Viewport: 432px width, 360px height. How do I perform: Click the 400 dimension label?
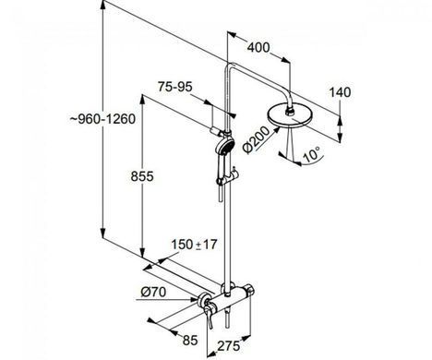pyautogui.click(x=258, y=48)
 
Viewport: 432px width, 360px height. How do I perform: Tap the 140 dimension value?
pyautogui.click(x=340, y=92)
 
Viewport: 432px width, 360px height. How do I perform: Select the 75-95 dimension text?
pyautogui.click(x=175, y=87)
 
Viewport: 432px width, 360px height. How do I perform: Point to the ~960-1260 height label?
pyautogui.click(x=103, y=119)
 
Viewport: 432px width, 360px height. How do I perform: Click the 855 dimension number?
pyautogui.click(x=142, y=176)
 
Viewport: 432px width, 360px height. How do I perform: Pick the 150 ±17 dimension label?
pyautogui.click(x=194, y=245)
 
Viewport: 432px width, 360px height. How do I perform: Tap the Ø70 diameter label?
pyautogui.click(x=153, y=292)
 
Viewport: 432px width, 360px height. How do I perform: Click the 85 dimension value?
pyautogui.click(x=190, y=341)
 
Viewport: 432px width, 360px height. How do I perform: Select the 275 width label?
pyautogui.click(x=229, y=346)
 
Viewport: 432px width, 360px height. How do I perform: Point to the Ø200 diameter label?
pyautogui.click(x=256, y=139)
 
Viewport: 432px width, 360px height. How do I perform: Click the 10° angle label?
pyautogui.click(x=312, y=154)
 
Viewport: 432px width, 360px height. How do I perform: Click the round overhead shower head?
pyautogui.click(x=291, y=116)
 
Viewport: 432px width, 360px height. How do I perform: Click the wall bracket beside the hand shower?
pyautogui.click(x=215, y=131)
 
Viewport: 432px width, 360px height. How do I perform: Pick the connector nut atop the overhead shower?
pyautogui.click(x=290, y=110)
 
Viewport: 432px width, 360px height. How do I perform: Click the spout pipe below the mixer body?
pyautogui.click(x=227, y=319)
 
